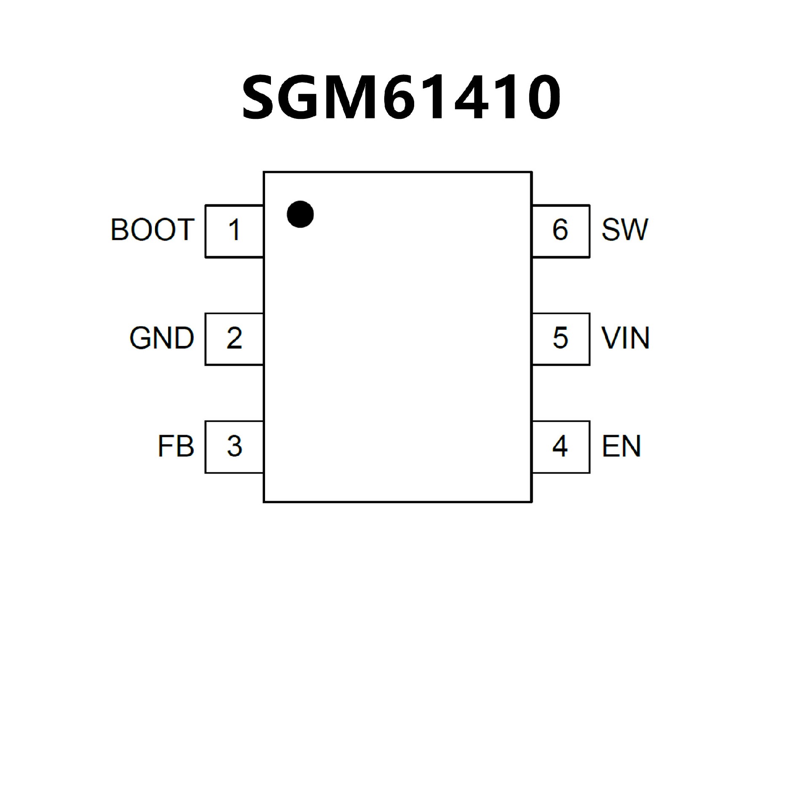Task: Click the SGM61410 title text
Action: point(401,97)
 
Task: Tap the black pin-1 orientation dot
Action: point(300,214)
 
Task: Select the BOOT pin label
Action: point(153,230)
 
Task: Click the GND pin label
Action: point(162,338)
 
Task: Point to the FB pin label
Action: point(176,446)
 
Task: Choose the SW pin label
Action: point(624,230)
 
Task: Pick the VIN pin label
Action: point(625,338)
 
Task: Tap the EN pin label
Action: point(621,446)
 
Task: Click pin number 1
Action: point(234,230)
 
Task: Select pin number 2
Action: point(234,338)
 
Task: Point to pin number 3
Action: point(234,446)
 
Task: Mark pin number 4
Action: point(560,446)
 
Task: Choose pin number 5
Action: point(560,338)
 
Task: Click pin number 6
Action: point(560,230)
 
